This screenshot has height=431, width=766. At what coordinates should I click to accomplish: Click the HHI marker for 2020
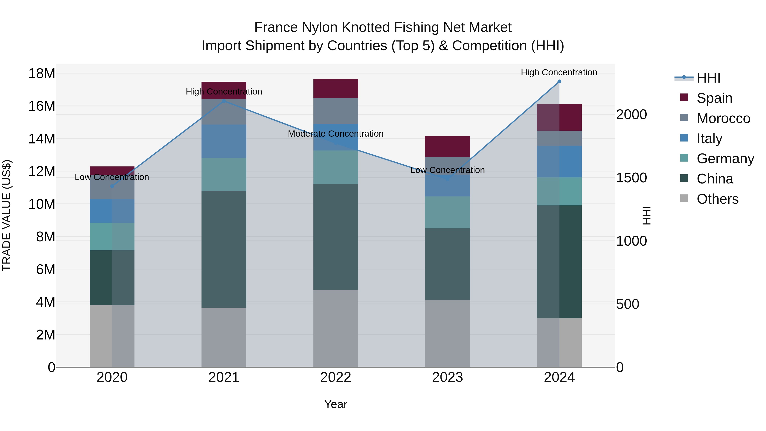[112, 186]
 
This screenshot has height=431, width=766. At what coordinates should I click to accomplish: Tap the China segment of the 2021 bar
[224, 249]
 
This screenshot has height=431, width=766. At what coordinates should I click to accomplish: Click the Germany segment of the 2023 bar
[447, 212]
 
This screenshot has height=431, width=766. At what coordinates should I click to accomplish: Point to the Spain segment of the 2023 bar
[447, 147]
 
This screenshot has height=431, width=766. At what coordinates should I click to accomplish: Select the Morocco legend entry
[723, 118]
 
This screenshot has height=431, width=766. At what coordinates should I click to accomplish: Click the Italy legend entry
[709, 139]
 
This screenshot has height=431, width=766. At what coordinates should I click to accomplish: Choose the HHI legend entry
[708, 78]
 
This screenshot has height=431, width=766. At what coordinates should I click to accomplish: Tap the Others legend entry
[717, 199]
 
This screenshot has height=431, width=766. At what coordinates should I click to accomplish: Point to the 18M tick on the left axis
[42, 73]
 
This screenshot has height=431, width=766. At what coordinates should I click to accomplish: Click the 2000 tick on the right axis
[631, 115]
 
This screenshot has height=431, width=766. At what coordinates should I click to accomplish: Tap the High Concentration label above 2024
[559, 73]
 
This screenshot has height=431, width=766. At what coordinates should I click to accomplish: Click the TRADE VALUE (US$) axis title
[7, 215]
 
